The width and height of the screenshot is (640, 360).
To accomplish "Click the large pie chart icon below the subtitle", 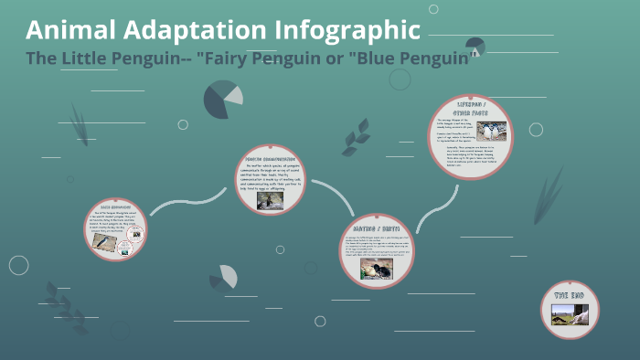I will (x=221, y=99).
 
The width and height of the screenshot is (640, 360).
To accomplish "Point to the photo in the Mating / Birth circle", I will (x=375, y=268).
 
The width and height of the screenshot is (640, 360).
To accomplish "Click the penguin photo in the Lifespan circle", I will (x=491, y=132).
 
